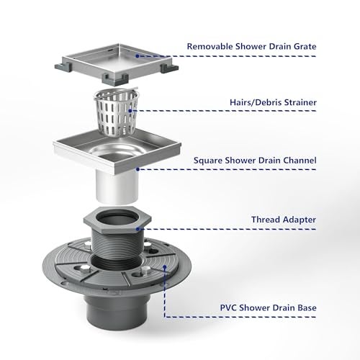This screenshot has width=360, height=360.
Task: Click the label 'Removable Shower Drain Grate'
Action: coord(251,46)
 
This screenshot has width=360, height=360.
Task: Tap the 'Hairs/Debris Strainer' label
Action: coord(273,102)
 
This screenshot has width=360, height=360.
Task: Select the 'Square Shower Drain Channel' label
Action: coord(255,161)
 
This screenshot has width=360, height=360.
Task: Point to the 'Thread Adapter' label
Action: coord(284,220)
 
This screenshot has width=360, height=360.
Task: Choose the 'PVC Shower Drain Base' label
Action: coord(268,307)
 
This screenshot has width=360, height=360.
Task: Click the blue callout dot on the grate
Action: coord(138,56)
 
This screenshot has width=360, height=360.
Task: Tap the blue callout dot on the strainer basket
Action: coord(130,111)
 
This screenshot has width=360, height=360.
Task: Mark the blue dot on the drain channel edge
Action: coord(138,169)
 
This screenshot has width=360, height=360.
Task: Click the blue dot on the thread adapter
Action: coord(138,229)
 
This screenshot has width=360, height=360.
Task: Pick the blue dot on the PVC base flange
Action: coord(165,266)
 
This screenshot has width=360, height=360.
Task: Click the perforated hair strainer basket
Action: coord(116,112)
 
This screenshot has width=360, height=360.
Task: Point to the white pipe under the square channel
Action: coord(117,186)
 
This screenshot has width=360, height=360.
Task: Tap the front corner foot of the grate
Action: coord(114,80)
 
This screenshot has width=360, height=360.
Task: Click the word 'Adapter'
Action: coord(300,220)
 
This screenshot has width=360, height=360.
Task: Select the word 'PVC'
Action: coord(228,307)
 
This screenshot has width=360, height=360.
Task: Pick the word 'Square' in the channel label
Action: coord(208,161)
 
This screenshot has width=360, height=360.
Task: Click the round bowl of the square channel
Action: coord(117,152)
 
